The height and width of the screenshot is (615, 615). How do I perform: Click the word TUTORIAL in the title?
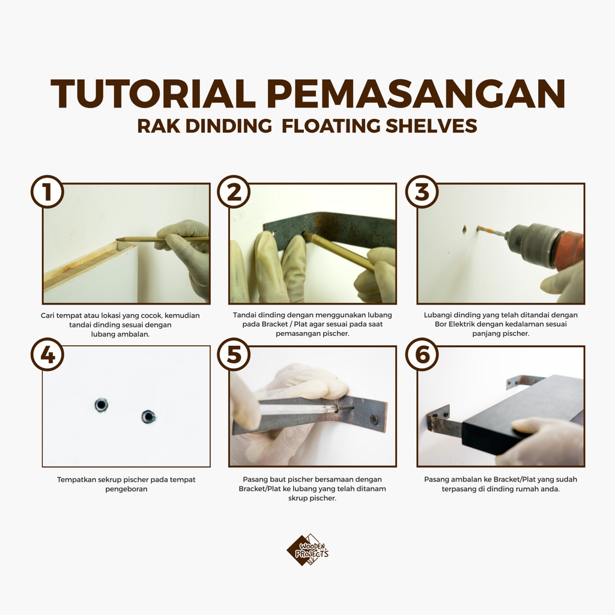tap(153, 94)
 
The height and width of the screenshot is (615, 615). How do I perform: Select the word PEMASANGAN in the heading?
tap(416, 94)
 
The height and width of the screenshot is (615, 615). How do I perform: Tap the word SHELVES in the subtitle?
tap(431, 126)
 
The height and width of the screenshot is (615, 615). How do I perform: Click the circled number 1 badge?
tap(47, 192)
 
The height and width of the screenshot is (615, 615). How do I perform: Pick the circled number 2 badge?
tap(234, 192)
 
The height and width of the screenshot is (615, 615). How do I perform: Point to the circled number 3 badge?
tap(422, 192)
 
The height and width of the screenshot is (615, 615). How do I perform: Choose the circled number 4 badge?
tap(47, 354)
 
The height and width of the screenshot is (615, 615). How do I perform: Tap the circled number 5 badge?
tap(234, 354)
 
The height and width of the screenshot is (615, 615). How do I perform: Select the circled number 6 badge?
tap(422, 354)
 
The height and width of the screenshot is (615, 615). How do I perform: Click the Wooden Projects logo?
tap(307, 550)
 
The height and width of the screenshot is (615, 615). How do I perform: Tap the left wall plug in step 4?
tap(101, 405)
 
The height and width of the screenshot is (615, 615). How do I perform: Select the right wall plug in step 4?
tap(148, 417)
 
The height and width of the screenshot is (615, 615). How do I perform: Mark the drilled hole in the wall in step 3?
tap(464, 229)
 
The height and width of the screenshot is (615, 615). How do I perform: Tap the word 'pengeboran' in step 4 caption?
tap(126, 489)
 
